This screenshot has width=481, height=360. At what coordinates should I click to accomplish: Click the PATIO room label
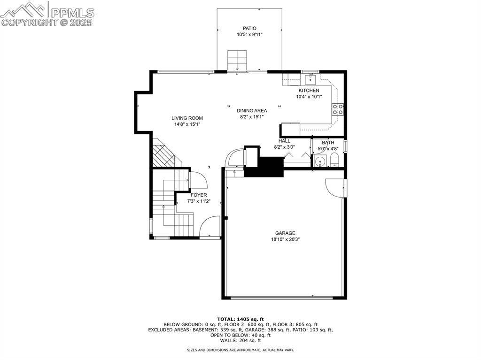coord(249,28)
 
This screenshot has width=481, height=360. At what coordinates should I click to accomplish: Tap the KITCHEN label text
coord(309,91)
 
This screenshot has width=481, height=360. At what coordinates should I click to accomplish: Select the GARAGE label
coord(285,233)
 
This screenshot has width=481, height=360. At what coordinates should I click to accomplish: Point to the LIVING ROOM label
coord(187,118)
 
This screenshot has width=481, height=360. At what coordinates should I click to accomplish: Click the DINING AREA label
coord(252,111)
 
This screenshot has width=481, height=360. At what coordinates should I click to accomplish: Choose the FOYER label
coord(198,195)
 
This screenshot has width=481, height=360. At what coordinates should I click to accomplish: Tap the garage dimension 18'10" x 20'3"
coord(285,239)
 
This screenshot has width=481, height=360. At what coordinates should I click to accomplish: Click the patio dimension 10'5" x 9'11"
coord(249,35)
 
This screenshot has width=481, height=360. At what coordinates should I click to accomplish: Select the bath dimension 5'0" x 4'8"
coord(328,149)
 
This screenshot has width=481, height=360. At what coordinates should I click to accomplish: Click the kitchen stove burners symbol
coord(337,109)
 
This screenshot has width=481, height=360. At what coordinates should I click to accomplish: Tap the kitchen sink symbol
coord(310,78)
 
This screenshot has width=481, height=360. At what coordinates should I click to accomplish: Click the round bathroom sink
coord(320,162)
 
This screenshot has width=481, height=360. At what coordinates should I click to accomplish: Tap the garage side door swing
coord(335,187)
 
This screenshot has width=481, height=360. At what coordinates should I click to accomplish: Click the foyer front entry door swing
coord(209,226)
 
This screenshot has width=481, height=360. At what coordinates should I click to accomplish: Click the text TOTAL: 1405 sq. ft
coord(240,319)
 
